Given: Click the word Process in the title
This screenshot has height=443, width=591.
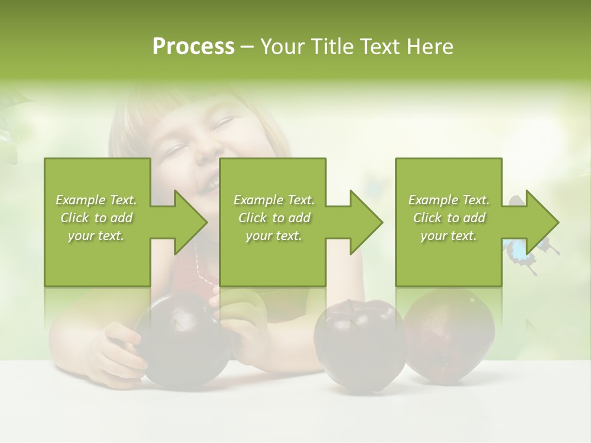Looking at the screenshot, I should click(193, 47).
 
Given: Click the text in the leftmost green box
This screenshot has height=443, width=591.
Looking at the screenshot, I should click(96, 218).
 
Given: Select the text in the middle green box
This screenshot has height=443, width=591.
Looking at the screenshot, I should click(273, 218).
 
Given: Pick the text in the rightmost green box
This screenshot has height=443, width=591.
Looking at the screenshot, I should click(449, 218).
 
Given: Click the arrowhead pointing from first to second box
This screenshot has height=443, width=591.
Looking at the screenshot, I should click(188, 222).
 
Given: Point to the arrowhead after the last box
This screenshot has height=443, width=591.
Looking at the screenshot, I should click(539, 222).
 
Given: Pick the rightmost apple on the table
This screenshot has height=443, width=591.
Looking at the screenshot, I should click(449, 332).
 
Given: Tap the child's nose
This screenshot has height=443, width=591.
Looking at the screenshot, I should click(208, 148).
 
